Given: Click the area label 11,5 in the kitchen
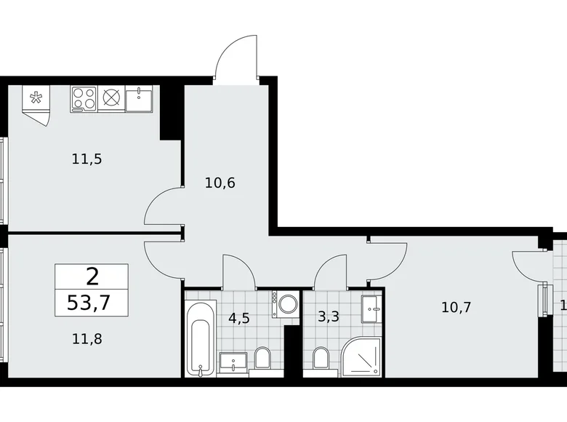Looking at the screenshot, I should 87,159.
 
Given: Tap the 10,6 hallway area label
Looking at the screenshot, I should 219,182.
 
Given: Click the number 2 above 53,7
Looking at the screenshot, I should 92,276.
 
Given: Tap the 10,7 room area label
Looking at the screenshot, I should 457,306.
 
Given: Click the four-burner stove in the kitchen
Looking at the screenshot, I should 84,99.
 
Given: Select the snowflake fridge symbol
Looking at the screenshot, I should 34,98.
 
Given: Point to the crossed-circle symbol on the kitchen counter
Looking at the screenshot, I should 111,99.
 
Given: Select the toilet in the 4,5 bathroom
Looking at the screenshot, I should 263,357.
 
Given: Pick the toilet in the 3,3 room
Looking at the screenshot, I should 320,357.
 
